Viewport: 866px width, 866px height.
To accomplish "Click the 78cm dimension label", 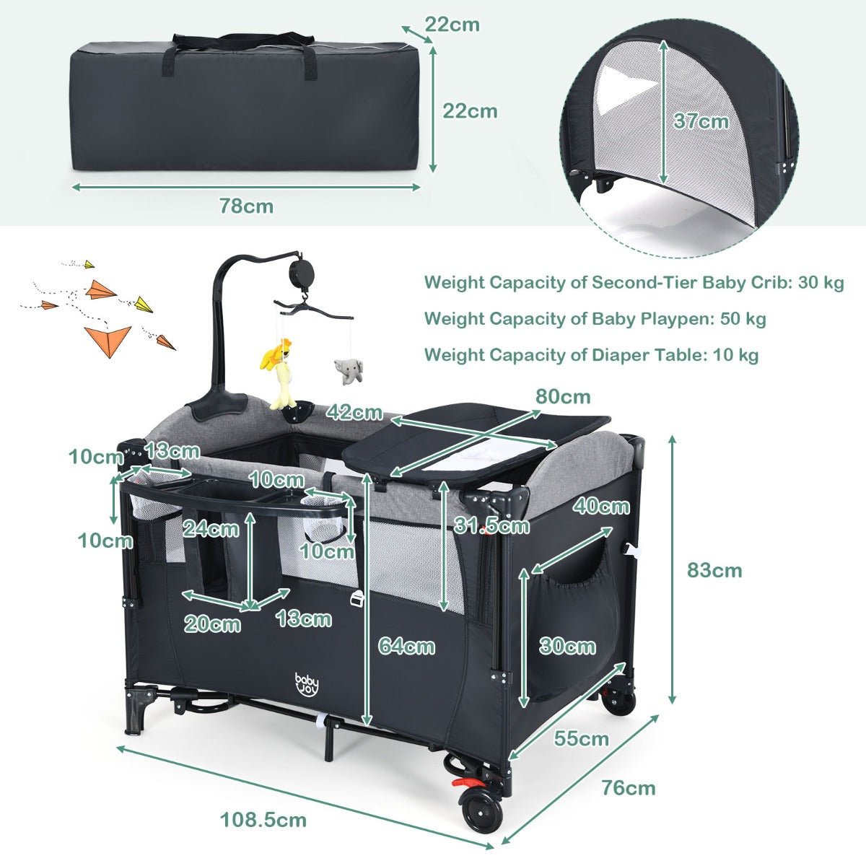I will pyautogui.click(x=246, y=206).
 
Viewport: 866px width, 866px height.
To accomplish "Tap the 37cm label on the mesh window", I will pyautogui.click(x=701, y=121).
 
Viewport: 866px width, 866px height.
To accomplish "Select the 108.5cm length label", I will pyautogui.click(x=263, y=820).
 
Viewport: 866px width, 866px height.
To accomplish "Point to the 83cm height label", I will pyautogui.click(x=714, y=570).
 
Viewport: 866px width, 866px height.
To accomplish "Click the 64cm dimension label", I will pyautogui.click(x=407, y=647).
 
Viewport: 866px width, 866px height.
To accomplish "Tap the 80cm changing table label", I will pyautogui.click(x=563, y=397).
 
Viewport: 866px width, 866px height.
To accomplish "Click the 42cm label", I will pyautogui.click(x=354, y=413).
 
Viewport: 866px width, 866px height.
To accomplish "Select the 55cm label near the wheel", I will pyautogui.click(x=582, y=738).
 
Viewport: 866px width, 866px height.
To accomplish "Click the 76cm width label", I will pyautogui.click(x=629, y=788).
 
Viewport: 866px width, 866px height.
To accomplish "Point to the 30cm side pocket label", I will pyautogui.click(x=568, y=647).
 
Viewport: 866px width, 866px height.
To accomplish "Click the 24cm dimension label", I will pyautogui.click(x=211, y=528).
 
